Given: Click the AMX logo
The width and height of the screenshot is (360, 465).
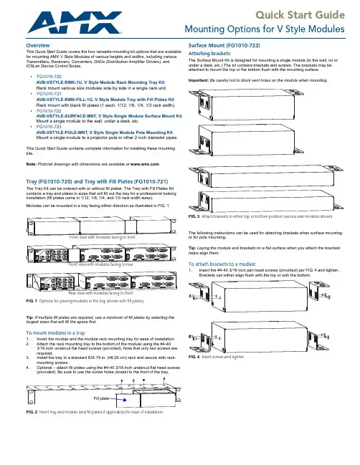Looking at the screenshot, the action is [x=75, y=22].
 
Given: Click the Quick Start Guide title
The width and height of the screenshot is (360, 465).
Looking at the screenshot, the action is [x=300, y=14].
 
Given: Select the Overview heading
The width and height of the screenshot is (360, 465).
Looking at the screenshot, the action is [x=38, y=45].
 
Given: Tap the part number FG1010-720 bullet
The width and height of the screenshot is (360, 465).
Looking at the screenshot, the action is [x=49, y=77].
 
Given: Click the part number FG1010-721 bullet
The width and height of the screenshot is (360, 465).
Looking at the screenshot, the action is [x=49, y=94].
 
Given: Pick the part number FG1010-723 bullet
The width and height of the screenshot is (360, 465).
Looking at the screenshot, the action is [x=49, y=127].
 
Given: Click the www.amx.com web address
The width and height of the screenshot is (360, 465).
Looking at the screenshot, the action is [x=145, y=164].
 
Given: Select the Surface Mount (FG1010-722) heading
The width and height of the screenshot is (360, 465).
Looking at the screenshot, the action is [x=224, y=45].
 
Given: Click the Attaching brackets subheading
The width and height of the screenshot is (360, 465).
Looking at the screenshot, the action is [x=209, y=54].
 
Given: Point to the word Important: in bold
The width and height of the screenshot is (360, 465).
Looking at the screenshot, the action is [x=198, y=80].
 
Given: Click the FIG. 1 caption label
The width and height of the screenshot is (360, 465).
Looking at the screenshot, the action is [x=32, y=301].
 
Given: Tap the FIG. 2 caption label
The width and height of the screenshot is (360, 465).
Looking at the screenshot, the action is [x=32, y=412].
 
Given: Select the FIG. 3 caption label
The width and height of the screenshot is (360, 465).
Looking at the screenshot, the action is [x=194, y=216].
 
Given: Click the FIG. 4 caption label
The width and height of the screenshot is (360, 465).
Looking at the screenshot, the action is [x=194, y=357].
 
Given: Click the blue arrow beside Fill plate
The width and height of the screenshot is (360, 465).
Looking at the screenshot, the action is [x=118, y=400].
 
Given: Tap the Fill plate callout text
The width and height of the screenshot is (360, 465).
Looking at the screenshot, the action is [x=101, y=398].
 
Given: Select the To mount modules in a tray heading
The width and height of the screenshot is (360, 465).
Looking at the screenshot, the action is [x=56, y=332].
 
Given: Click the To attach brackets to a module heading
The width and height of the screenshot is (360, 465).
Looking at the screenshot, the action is [x=222, y=264].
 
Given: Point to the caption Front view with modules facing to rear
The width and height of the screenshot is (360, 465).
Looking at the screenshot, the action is [x=101, y=264].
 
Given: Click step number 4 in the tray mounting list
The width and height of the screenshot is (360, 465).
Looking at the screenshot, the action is [x=27, y=368].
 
